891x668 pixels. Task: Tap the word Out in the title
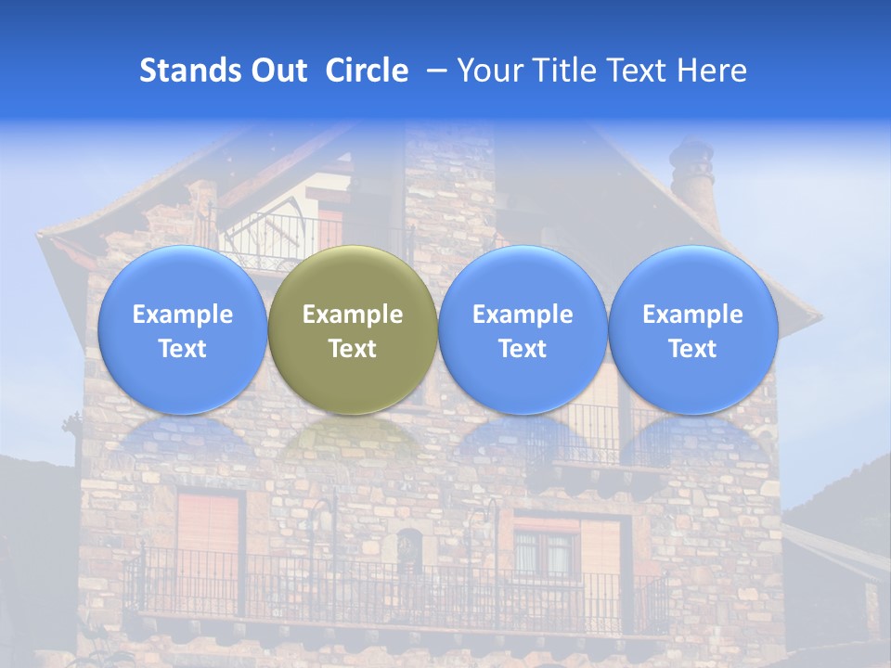pyautogui.click(x=276, y=71)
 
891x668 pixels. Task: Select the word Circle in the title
pyautogui.click(x=367, y=71)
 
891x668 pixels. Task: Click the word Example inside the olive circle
pyautogui.click(x=353, y=315)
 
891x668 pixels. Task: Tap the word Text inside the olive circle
pyautogui.click(x=353, y=349)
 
